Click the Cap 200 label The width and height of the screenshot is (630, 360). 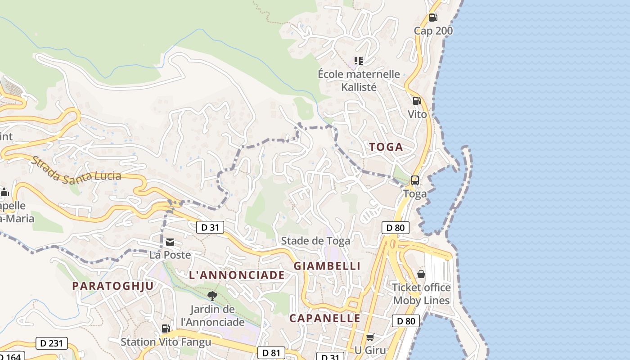433,31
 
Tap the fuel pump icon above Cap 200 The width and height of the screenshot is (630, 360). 433,18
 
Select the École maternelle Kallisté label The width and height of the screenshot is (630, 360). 359,80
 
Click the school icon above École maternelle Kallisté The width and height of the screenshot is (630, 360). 359,60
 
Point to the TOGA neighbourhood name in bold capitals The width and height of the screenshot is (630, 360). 386,147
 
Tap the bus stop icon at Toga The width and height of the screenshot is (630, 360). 415,180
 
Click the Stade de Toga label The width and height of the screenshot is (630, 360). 315,241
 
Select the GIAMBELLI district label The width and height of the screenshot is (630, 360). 327,266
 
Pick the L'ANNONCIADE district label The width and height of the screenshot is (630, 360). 237,275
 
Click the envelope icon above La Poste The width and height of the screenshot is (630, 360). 170,243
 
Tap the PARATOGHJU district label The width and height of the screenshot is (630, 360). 113,286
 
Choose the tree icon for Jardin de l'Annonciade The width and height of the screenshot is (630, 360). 212,296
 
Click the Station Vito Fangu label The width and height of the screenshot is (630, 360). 166,342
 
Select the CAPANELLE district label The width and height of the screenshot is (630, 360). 325,318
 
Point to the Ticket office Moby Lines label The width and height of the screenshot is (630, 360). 422,293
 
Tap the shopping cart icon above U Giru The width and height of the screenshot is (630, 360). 370,337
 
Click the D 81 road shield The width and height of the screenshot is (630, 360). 271,353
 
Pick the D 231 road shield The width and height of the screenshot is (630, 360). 51,343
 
